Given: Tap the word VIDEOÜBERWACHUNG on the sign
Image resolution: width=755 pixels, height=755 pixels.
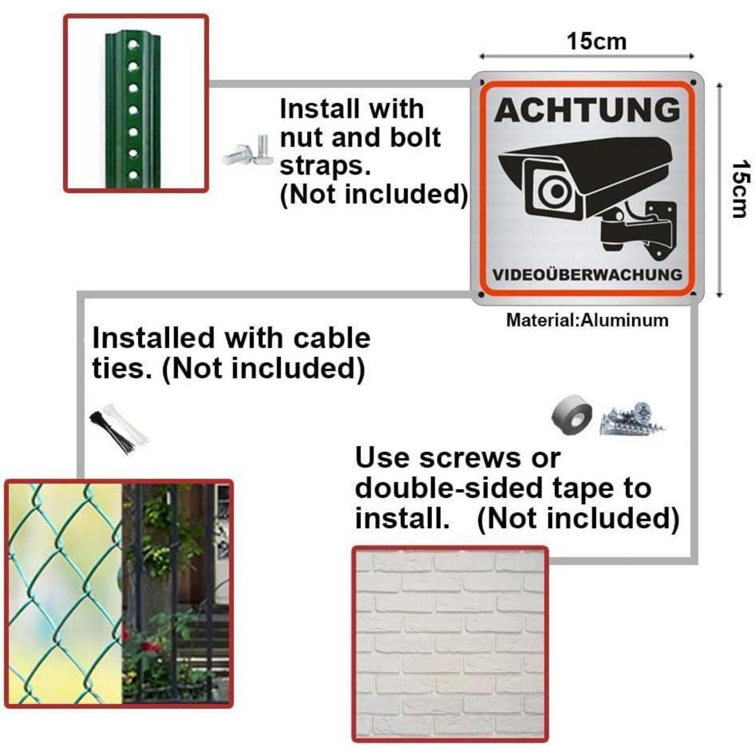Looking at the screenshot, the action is tap(587, 275).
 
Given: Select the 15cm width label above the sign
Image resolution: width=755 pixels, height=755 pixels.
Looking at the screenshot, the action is tap(597, 41).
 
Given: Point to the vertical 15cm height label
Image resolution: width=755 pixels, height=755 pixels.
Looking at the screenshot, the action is tap(741, 189).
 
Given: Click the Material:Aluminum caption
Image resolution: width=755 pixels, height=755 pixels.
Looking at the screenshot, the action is tap(587, 320).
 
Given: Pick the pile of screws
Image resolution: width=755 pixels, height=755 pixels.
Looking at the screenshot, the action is tap(633, 419).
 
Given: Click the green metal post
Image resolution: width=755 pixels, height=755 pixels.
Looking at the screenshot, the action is tap(132, 110).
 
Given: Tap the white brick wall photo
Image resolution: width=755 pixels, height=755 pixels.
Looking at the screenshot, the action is tap(450, 643).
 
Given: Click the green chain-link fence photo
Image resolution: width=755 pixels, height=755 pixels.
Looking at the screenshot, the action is tap(64, 594).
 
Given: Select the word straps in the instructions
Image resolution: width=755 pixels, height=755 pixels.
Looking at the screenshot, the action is tap(325, 166).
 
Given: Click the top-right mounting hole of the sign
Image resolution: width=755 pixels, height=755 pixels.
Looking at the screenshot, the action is tap(694, 82).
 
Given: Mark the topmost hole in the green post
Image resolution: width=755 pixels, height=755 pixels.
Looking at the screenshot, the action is tap(132, 44).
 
